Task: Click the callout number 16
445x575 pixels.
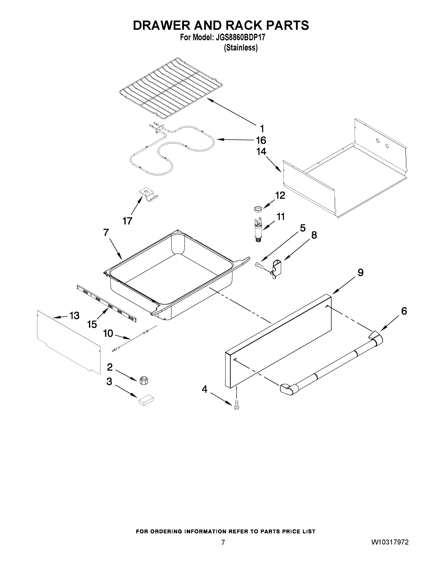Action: pos(261,140)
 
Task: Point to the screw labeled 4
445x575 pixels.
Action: pos(237,407)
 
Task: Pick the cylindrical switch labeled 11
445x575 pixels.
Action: pos(258,230)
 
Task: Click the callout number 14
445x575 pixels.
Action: pos(261,152)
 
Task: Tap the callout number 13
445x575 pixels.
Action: pos(74,315)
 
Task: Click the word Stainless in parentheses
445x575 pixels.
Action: pos(241,48)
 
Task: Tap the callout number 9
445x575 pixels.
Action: pos(360,272)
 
